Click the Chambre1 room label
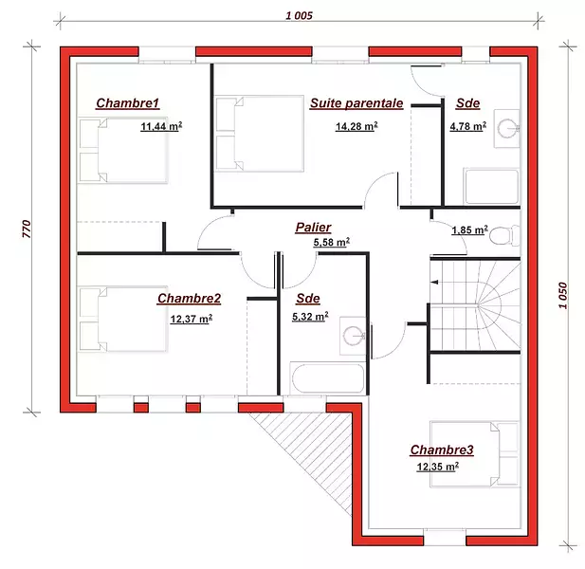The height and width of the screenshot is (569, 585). tap(128, 103)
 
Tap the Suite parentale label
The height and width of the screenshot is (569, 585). tap(356, 103)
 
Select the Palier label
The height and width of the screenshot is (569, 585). tap(314, 228)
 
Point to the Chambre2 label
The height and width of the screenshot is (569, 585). tap(189, 299)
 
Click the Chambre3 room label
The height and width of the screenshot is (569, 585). tap(442, 450)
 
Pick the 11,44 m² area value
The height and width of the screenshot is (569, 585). tap(161, 126)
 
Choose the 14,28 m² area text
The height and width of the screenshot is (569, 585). tap(356, 126)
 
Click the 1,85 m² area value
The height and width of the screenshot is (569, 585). tap(469, 229)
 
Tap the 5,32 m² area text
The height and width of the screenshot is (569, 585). tap(310, 317)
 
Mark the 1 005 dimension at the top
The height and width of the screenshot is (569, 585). tap(299, 16)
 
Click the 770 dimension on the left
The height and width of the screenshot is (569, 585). tap(27, 229)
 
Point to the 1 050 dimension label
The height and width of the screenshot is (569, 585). tap(563, 296)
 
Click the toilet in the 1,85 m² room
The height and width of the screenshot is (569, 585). tap(504, 235)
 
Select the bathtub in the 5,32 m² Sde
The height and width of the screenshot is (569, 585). tap(327, 378)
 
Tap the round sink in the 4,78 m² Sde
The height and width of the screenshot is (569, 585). tap(507, 128)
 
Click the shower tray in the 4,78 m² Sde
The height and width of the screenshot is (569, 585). tap(491, 187)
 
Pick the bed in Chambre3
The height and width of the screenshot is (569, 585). tap(475, 454)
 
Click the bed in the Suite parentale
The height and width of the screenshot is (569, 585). tap(260, 134)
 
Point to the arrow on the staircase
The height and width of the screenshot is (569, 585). tap(434, 282)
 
